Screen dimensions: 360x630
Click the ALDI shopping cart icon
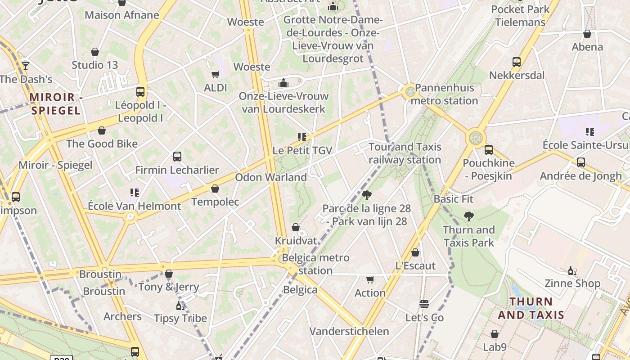pyautogui.click(x=216, y=74)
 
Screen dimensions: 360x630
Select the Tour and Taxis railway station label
pyautogui.click(x=405, y=153)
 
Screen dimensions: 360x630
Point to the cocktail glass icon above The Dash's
pyautogui.click(x=26, y=66)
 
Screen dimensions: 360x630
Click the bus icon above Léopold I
pyautogui.click(x=140, y=92)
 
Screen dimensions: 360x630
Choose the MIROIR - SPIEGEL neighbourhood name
pyautogui.click(x=55, y=104)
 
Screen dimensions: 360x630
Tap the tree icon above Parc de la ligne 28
pyautogui.click(x=367, y=195)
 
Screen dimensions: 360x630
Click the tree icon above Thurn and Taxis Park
pyautogui.click(x=469, y=216)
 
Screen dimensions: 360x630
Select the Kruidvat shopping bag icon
pyautogui.click(x=296, y=228)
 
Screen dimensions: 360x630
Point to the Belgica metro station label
pyautogui.click(x=315, y=264)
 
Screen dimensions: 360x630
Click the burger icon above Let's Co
pyautogui.click(x=424, y=305)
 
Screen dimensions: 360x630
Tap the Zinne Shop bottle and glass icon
pyautogui.click(x=572, y=270)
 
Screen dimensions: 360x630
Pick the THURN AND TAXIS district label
pyautogui.click(x=531, y=308)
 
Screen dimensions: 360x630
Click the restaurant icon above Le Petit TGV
pyautogui.click(x=301, y=137)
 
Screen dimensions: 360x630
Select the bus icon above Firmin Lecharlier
pyautogui.click(x=177, y=157)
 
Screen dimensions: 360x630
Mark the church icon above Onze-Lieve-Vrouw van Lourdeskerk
pyautogui.click(x=283, y=83)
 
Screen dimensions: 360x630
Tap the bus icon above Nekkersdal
pyautogui.click(x=517, y=62)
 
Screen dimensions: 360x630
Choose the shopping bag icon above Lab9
pyautogui.click(x=495, y=334)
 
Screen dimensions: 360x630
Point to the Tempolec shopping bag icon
pyautogui.click(x=215, y=189)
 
